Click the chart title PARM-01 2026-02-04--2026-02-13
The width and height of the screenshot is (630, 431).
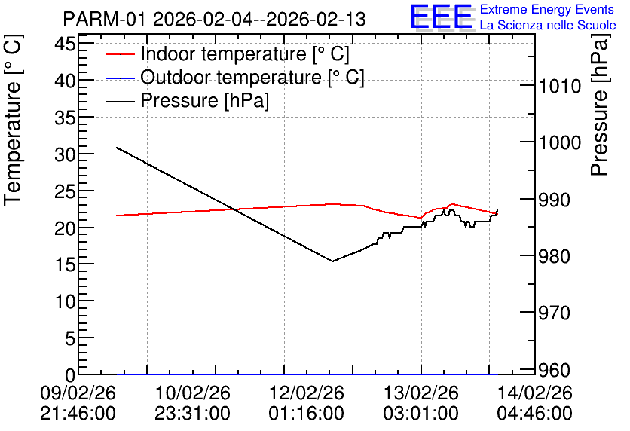(214, 19)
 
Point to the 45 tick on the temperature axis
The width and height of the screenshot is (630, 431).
(65, 43)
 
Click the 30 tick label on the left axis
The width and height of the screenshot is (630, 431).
(65, 154)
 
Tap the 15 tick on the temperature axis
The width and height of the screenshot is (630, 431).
(65, 264)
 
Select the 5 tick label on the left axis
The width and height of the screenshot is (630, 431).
(70, 338)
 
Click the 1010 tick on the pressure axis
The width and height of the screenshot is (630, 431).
(560, 86)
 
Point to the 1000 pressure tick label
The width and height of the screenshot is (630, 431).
(560, 142)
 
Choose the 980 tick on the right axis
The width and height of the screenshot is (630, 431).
(555, 256)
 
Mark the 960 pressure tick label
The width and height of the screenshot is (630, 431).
(555, 370)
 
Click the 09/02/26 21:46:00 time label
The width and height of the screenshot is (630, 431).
(78, 403)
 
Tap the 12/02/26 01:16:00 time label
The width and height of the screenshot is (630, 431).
(307, 403)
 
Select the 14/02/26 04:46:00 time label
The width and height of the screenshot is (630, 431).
(535, 403)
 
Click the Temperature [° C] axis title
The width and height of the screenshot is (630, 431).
(13, 120)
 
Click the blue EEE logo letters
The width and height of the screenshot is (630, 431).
(441, 17)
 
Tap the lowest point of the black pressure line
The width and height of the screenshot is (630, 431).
(332, 261)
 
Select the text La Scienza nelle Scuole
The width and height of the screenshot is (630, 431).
(548, 25)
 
